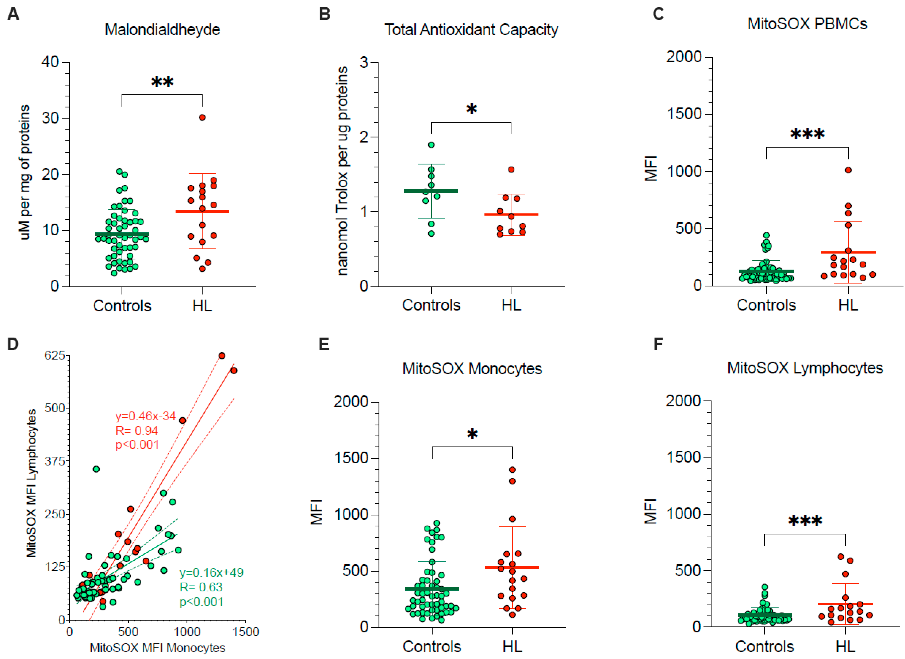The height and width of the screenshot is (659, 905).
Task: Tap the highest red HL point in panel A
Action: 202,117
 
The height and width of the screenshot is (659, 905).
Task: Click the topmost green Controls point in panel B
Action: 431,145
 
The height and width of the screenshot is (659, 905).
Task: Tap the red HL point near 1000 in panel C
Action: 848,170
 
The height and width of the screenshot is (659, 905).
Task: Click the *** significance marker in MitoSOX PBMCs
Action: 807,134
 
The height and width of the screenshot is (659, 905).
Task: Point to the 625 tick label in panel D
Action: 55,355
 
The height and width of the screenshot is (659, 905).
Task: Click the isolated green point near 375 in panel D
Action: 96,469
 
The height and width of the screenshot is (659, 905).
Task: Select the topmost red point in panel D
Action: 222,356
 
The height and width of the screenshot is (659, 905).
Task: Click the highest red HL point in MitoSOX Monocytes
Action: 512,470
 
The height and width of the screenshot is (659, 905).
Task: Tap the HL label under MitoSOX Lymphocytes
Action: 845,647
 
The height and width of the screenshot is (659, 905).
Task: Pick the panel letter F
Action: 658,344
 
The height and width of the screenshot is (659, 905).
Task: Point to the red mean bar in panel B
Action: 511,214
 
